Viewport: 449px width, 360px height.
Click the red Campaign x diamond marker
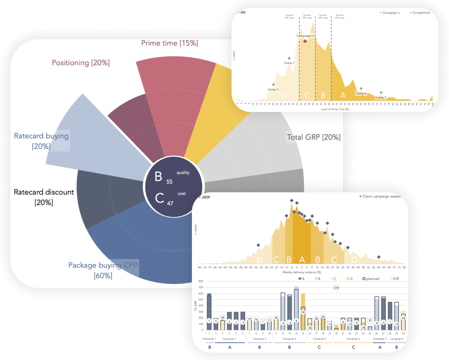point(305,41)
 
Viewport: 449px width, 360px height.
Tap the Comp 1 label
point(289,63)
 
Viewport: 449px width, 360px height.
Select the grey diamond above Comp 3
point(273,84)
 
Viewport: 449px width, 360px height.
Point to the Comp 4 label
point(361,94)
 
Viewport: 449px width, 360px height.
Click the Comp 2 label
point(381,97)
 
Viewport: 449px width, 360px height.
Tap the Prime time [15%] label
point(170,43)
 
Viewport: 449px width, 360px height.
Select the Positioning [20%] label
point(81,63)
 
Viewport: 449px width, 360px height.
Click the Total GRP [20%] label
point(314,137)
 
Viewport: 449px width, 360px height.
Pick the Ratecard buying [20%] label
point(41,141)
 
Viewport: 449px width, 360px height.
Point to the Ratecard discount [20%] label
point(44,197)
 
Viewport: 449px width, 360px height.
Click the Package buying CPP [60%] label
point(103,270)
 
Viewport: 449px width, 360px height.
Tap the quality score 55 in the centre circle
point(170,182)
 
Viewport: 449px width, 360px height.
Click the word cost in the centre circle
point(182,194)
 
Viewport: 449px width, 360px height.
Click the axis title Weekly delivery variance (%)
point(301,272)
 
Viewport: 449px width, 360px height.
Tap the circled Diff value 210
point(336,288)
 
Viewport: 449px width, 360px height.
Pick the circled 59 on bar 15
point(303,313)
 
